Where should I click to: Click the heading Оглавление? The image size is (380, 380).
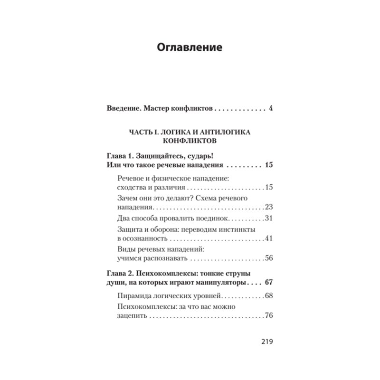190,48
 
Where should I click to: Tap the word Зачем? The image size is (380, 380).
126,198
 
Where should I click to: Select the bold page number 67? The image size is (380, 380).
269,283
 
